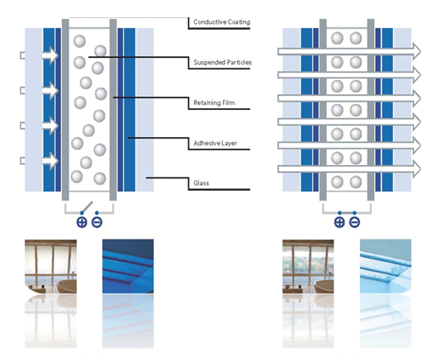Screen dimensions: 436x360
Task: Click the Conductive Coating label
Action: [x=221, y=22]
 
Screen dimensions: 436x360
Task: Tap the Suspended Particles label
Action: [x=222, y=62]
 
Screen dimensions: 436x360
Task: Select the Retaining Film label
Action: [x=214, y=102]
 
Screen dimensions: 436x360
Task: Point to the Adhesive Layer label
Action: [x=216, y=143]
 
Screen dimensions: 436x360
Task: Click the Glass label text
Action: [x=201, y=183]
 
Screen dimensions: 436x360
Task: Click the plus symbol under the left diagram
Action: [x=82, y=222]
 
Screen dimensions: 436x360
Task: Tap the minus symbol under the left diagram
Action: [x=97, y=222]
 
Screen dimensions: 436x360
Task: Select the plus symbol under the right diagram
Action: [x=339, y=222]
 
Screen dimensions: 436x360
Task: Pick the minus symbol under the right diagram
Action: [x=354, y=222]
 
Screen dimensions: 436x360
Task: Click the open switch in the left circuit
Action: [x=87, y=207]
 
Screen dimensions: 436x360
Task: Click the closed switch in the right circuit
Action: [x=347, y=213]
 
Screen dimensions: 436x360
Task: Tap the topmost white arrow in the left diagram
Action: [x=50, y=55]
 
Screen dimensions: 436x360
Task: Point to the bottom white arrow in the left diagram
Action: [x=50, y=161]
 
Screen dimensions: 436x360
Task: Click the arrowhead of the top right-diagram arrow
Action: [x=416, y=51]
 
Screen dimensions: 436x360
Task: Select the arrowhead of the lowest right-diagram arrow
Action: [x=416, y=168]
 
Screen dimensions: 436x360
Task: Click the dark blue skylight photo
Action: [x=128, y=267]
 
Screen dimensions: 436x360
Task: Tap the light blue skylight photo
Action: [x=386, y=267]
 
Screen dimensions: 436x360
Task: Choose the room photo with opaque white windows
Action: [x=50, y=267]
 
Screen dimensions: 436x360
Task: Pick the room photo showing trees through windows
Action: [x=308, y=267]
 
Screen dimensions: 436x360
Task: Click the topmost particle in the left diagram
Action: [x=79, y=41]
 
